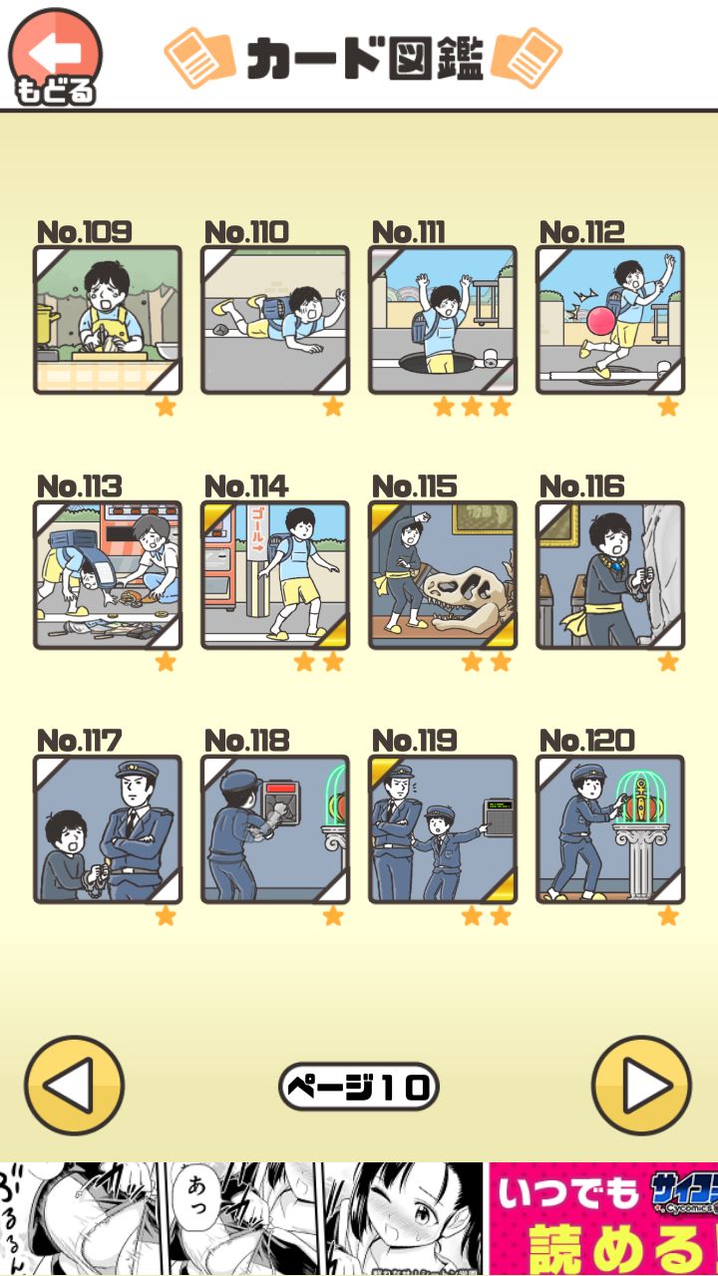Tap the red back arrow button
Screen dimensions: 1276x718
click(55, 55)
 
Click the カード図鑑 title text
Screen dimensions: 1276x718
click(364, 58)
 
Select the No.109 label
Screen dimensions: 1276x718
click(84, 232)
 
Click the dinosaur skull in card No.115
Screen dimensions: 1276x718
click(468, 598)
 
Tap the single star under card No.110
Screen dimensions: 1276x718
click(333, 407)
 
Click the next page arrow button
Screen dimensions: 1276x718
click(640, 1086)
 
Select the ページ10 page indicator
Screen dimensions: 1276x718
click(359, 1087)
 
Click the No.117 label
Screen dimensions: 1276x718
click(79, 741)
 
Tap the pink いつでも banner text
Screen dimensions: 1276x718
click(566, 1192)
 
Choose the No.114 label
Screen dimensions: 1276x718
click(246, 486)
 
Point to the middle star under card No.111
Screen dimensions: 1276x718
click(472, 407)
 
